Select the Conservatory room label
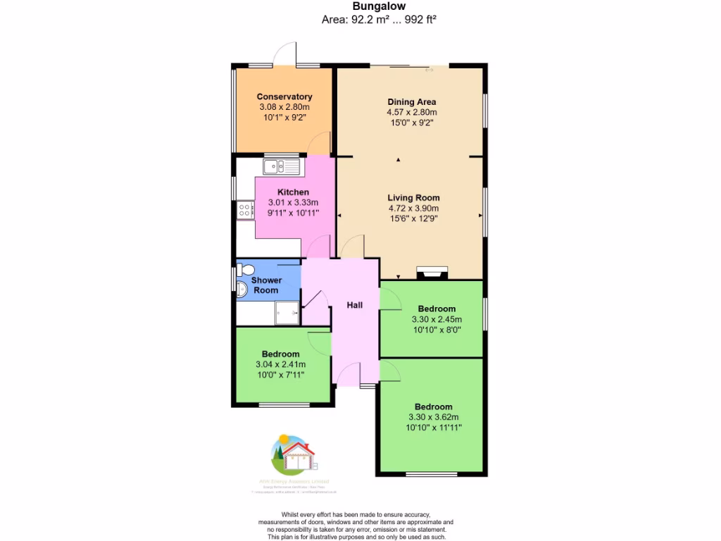pos(284,97)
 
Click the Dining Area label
pos(411,101)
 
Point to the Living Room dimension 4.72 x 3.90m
pos(413,209)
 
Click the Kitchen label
pos(293,192)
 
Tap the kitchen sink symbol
pos(281,167)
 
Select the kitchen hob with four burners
pos(245,209)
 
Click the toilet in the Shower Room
pos(245,270)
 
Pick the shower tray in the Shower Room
pos(287,311)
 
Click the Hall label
pos(354,305)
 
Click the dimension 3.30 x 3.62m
pos(433,417)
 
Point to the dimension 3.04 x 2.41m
pos(280,364)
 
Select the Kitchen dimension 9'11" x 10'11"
pos(293,212)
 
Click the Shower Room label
pos(266,285)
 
